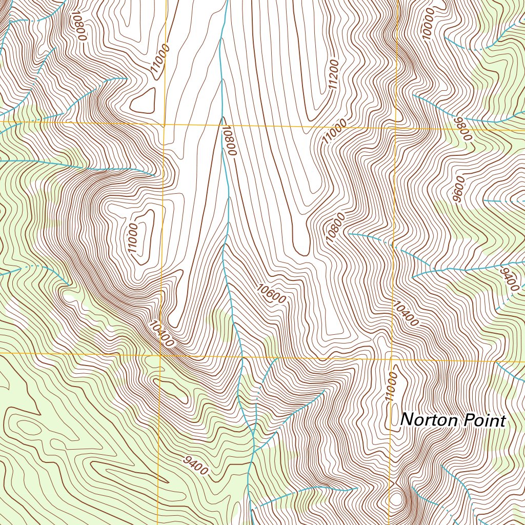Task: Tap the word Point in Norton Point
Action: point(484,421)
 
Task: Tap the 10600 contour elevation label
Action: point(271,294)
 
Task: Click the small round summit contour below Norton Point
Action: point(396,499)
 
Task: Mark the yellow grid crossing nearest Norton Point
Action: point(393,358)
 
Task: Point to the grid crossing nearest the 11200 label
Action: point(395,127)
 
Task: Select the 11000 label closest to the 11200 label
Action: point(334,131)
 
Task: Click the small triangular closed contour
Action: point(144,100)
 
